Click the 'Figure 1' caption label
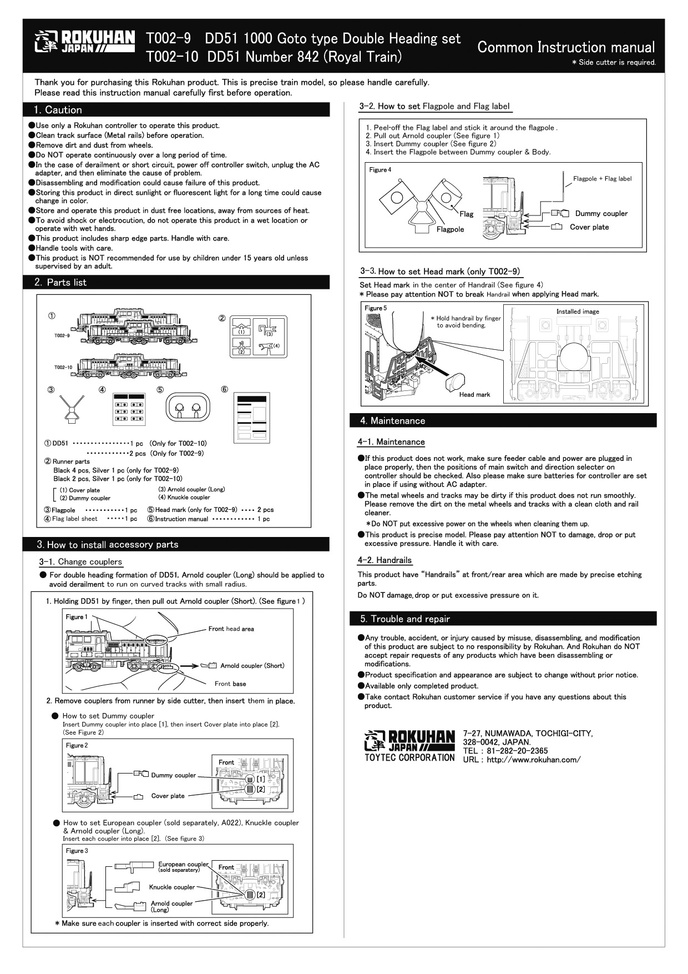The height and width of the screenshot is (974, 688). tap(77, 617)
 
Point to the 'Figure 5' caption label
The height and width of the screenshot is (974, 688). tap(376, 308)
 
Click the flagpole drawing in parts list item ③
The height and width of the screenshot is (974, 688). tap(70, 409)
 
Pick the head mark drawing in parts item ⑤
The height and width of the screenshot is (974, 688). tap(188, 409)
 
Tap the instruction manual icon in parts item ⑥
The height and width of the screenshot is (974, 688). tap(252, 416)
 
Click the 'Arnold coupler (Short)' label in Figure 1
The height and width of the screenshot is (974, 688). tap(252, 666)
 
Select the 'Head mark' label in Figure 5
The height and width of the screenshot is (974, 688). tap(474, 395)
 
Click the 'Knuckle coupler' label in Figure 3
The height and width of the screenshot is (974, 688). tap(172, 887)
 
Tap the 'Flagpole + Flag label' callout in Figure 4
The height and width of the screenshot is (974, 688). tap(602, 179)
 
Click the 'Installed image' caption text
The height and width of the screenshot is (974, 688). tap(578, 312)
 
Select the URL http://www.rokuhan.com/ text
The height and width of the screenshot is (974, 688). tap(522, 760)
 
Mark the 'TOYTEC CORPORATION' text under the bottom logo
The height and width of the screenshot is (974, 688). tap(409, 757)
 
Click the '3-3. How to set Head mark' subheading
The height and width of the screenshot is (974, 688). tap(440, 272)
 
